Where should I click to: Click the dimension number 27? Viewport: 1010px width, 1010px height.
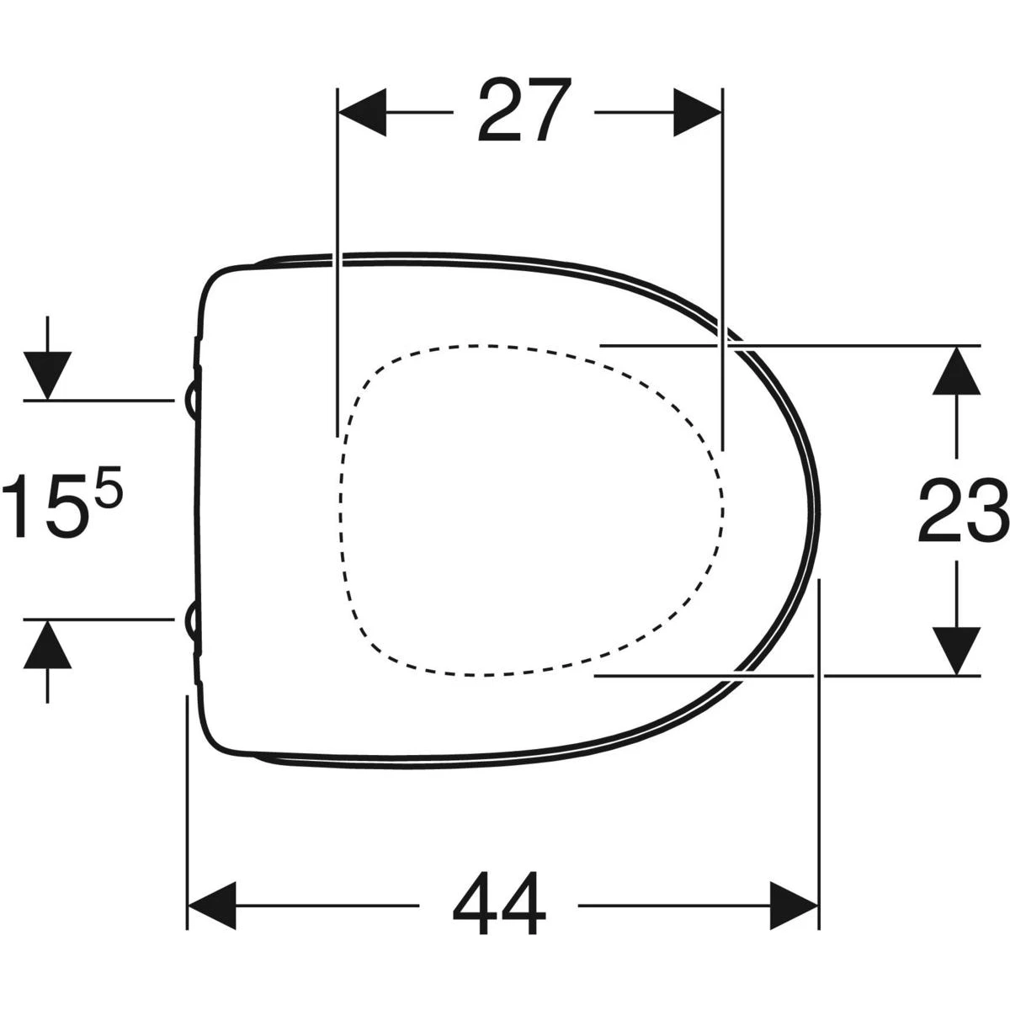tap(524, 110)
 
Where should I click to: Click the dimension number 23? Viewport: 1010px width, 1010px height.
tap(964, 510)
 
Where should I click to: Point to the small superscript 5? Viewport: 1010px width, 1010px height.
tap(110, 487)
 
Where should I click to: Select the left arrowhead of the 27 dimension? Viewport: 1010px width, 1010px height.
tap(363, 112)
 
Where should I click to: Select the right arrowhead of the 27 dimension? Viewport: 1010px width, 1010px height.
tap(698, 112)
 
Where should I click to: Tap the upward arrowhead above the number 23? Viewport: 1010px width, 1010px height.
tap(956, 370)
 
